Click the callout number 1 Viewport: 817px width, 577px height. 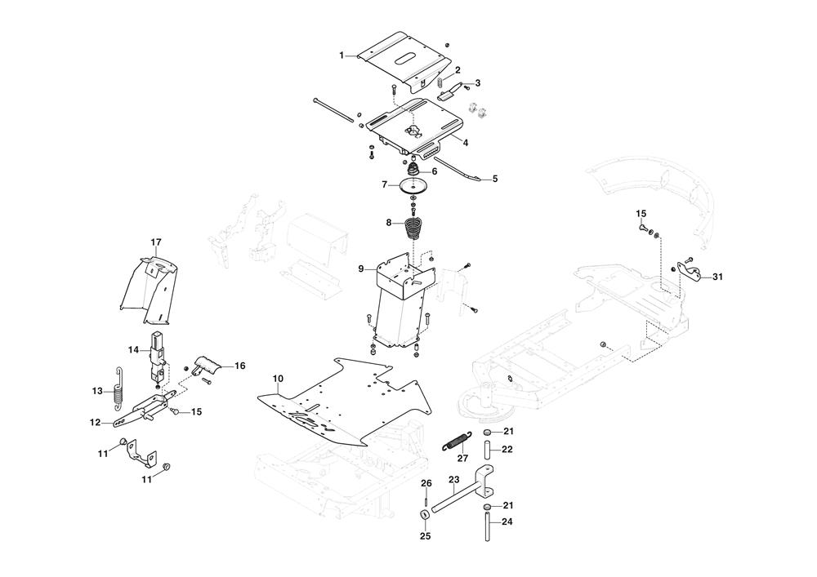[x=342, y=55]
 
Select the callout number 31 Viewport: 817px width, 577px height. [x=717, y=277]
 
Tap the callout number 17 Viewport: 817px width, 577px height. [x=156, y=242]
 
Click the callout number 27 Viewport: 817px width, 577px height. [x=462, y=459]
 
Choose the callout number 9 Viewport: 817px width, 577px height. [x=361, y=269]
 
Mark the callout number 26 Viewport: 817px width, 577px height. [x=426, y=483]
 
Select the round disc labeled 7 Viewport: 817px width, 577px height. [x=415, y=186]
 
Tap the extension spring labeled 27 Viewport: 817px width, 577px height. [x=457, y=442]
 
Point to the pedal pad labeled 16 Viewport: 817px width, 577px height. [x=208, y=366]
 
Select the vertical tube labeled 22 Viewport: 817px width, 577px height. [x=488, y=449]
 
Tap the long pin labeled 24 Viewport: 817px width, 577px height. [x=488, y=526]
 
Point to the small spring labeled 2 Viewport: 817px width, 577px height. [x=440, y=82]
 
